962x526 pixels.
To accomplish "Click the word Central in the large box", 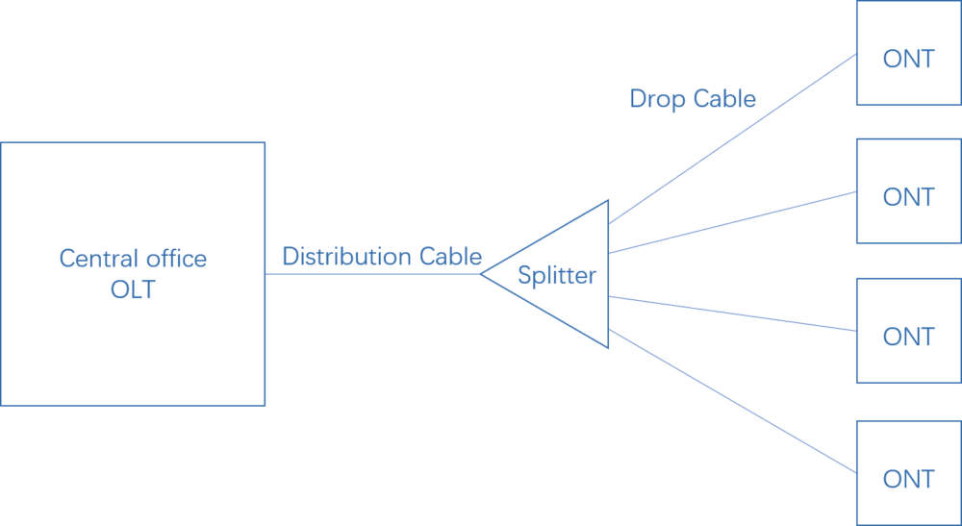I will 94,259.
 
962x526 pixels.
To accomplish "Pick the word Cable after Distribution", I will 450,257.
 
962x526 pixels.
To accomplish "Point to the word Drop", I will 654,99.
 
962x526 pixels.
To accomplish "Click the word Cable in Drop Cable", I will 723,99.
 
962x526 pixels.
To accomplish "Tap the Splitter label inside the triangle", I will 557,276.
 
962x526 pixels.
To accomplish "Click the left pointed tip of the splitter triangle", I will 482,274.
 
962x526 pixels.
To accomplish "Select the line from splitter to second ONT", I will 731,222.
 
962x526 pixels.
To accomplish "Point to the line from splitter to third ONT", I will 731,313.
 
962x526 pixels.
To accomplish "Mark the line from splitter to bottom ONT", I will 731,401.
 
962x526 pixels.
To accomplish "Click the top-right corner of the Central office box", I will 265,143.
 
